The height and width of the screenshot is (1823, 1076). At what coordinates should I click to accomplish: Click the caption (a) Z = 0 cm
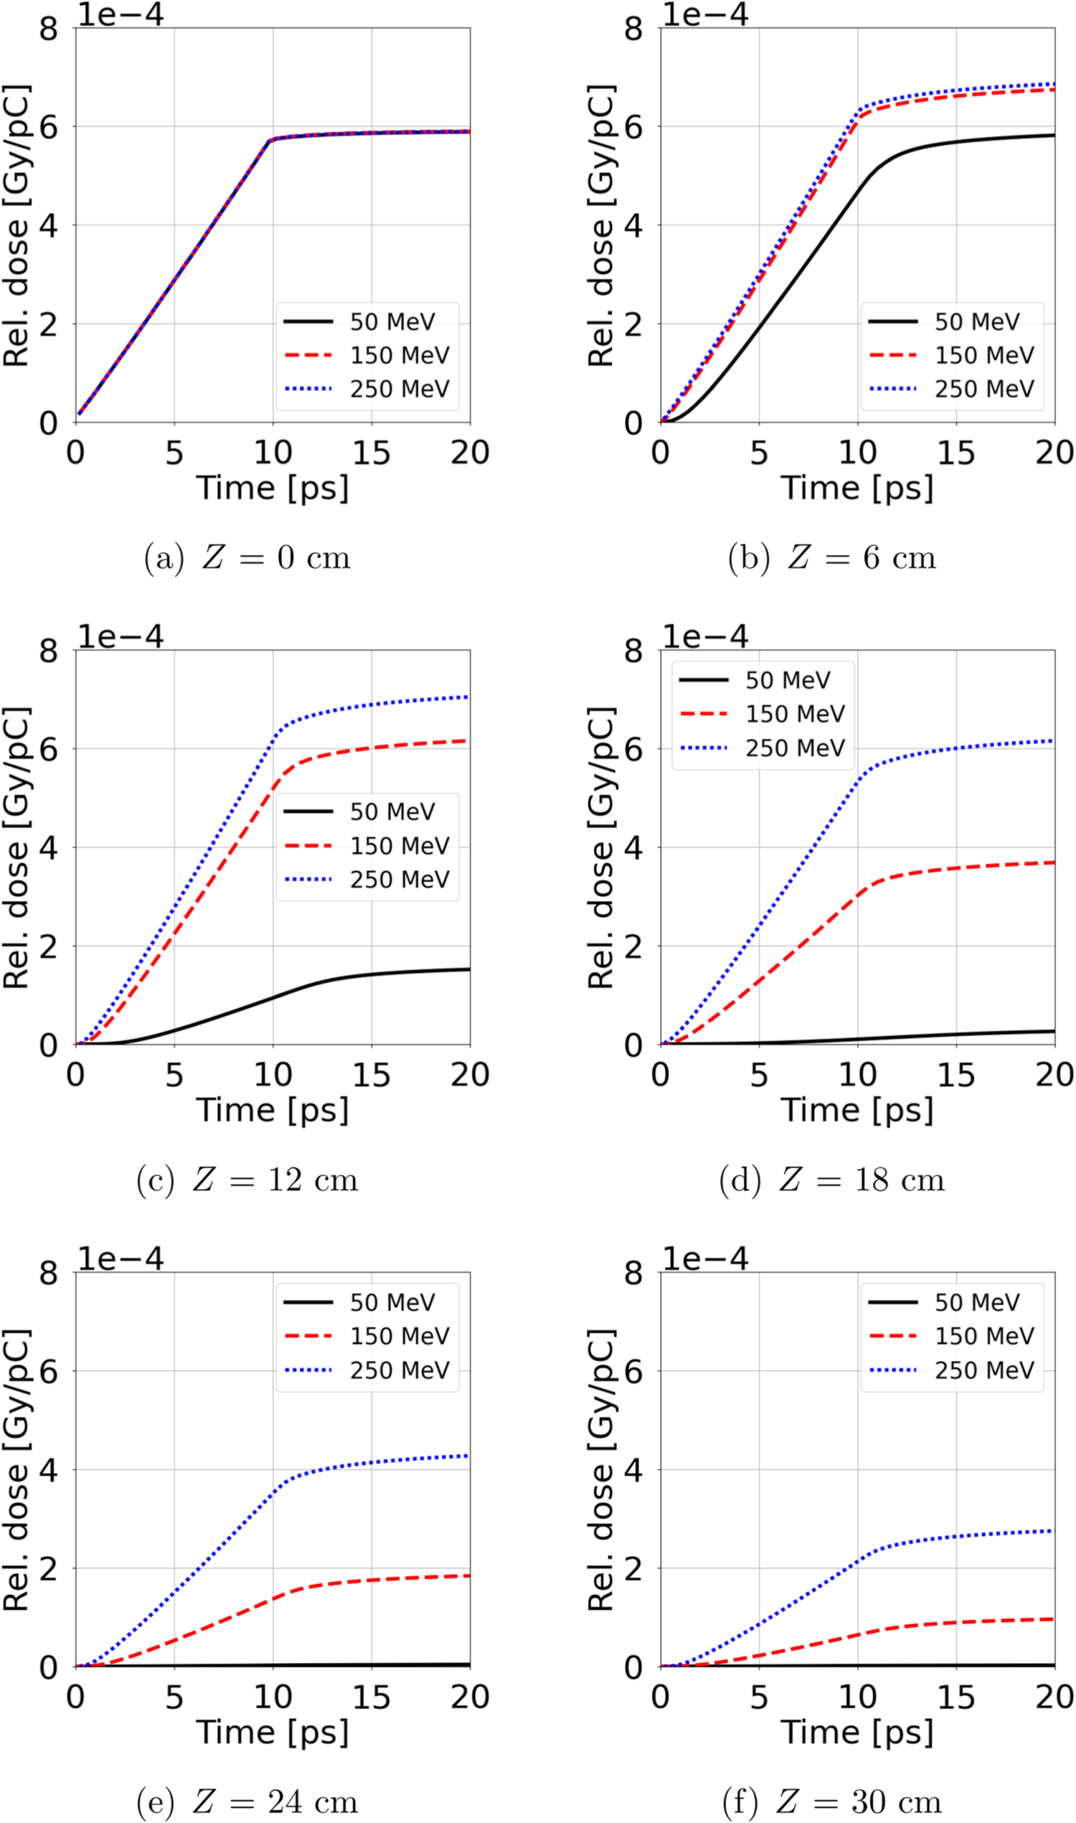(247, 557)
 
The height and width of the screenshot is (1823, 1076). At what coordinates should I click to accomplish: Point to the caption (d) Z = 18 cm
(831, 1179)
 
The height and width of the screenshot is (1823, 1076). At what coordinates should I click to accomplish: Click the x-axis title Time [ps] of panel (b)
(857, 488)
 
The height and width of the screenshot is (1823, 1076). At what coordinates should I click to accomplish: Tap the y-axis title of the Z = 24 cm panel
(16, 1469)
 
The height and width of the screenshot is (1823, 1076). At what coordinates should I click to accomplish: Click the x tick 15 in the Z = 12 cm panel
(372, 1075)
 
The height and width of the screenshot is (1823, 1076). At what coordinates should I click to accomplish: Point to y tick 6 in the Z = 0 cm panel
(48, 128)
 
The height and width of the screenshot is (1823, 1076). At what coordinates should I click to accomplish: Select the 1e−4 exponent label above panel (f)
(704, 1258)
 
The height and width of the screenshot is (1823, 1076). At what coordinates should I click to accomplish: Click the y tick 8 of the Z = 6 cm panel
(633, 29)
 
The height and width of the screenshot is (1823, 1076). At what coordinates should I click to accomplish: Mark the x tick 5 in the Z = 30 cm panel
(758, 1697)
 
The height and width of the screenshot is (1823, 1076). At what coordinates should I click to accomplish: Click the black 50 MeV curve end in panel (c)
(468, 969)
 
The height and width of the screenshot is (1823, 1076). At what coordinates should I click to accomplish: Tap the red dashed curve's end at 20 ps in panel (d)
(1053, 862)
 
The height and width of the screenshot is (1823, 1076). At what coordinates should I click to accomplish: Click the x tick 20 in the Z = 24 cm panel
(470, 1697)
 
